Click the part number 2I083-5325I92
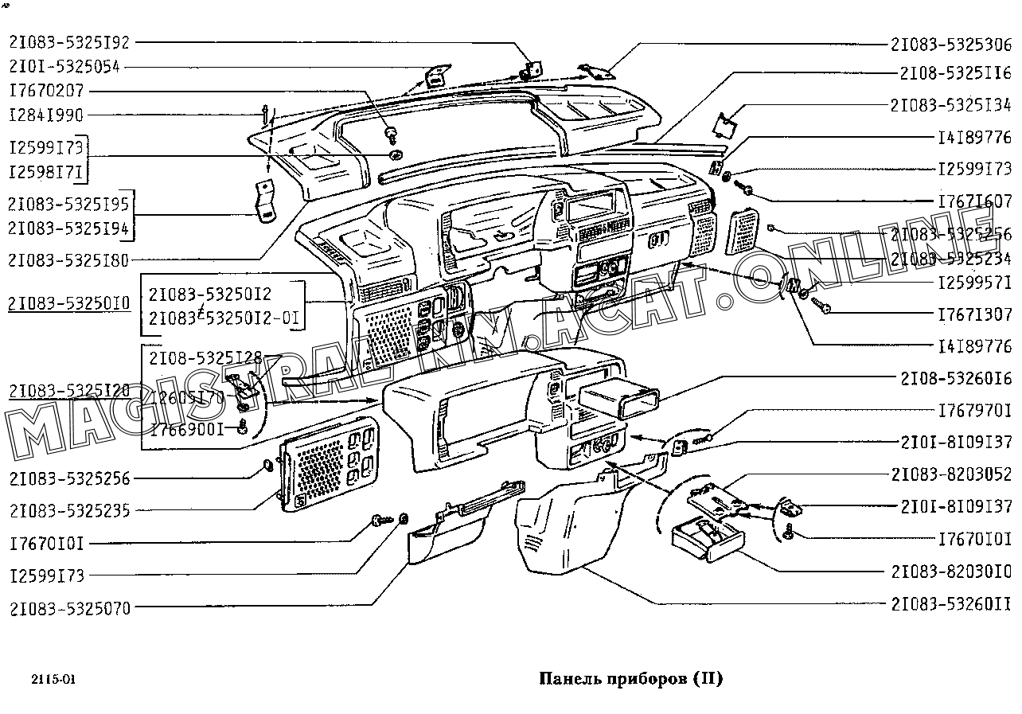pyautogui.click(x=69, y=43)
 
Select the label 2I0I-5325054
pyautogui.click(x=64, y=67)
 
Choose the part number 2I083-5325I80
pyautogui.click(x=69, y=259)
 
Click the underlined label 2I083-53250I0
pyautogui.click(x=69, y=303)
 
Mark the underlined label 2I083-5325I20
pyautogui.click(x=69, y=391)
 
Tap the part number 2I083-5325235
pyautogui.click(x=69, y=510)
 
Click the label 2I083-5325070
pyautogui.click(x=69, y=609)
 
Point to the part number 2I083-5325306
pyautogui.click(x=950, y=45)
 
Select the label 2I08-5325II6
pyautogui.click(x=955, y=73)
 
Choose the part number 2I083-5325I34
pyautogui.click(x=950, y=105)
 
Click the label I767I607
pyautogui.click(x=974, y=202)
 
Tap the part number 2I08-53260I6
pyautogui.click(x=955, y=378)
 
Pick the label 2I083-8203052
pyautogui.click(x=950, y=474)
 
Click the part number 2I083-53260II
pyautogui.click(x=950, y=605)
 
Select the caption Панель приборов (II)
pyautogui.click(x=630, y=679)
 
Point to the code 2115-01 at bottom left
pyautogui.click(x=53, y=681)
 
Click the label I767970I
pyautogui.click(x=974, y=411)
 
